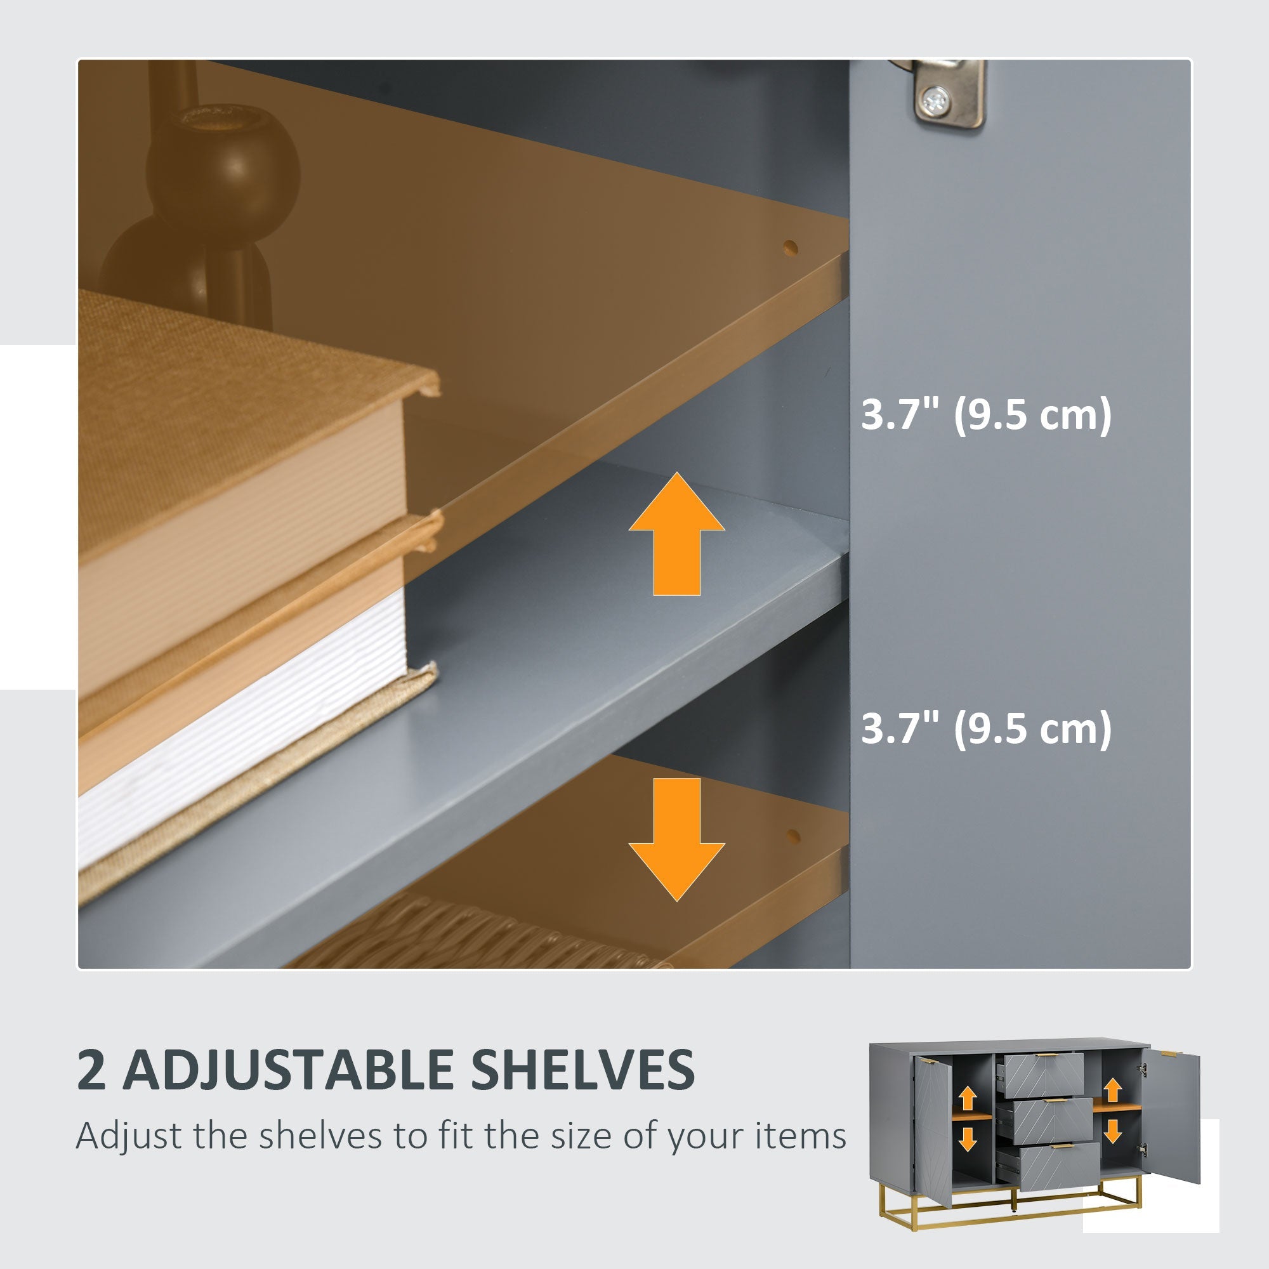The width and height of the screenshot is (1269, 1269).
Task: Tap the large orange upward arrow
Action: pos(676,534)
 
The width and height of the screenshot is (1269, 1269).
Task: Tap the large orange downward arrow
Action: pos(676,839)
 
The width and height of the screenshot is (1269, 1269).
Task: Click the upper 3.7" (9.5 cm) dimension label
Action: pos(986,415)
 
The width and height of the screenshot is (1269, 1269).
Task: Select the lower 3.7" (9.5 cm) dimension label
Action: pos(986,728)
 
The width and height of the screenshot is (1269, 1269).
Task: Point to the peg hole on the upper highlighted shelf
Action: pos(790,248)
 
